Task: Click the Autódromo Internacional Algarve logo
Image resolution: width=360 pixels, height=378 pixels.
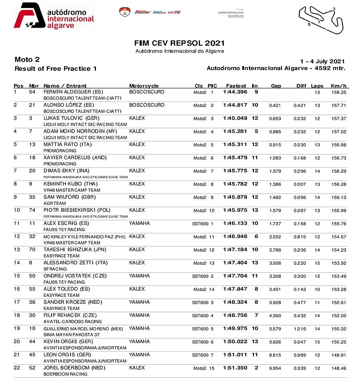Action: [54, 16]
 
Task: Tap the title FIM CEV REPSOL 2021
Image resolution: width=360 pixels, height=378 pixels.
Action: [180, 43]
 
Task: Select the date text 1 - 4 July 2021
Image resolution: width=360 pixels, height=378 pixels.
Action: [322, 61]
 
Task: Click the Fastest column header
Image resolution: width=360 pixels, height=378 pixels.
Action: [236, 86]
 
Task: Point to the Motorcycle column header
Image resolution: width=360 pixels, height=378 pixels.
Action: [144, 86]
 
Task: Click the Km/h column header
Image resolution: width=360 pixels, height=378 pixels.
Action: [338, 86]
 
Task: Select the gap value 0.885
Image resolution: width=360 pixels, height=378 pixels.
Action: [275, 132]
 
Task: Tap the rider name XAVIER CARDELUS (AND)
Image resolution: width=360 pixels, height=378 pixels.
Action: [75, 158]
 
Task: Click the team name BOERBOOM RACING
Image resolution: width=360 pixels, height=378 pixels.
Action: [65, 374]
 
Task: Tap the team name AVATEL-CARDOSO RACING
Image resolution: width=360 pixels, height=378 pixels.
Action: [72, 322]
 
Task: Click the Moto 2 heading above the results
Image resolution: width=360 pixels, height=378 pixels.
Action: [27, 60]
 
